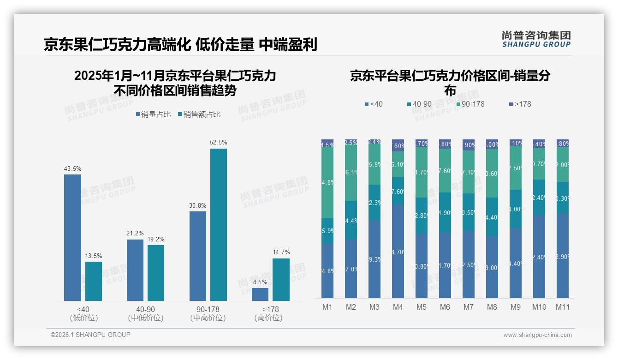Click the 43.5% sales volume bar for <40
click(x=72, y=238)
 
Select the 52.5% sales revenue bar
click(x=219, y=225)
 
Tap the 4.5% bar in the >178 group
click(x=260, y=294)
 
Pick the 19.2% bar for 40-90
click(x=156, y=273)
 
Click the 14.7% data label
click(x=281, y=252)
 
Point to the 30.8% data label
click(x=198, y=205)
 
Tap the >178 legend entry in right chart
click(x=520, y=104)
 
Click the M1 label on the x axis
click(x=327, y=307)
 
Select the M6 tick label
click(x=445, y=307)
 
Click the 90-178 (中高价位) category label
click(x=208, y=313)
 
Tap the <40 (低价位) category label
click(x=84, y=313)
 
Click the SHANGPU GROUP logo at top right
click(x=536, y=39)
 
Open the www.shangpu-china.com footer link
click(x=537, y=335)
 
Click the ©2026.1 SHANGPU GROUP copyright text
click(x=90, y=335)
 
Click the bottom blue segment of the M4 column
click(x=398, y=252)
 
